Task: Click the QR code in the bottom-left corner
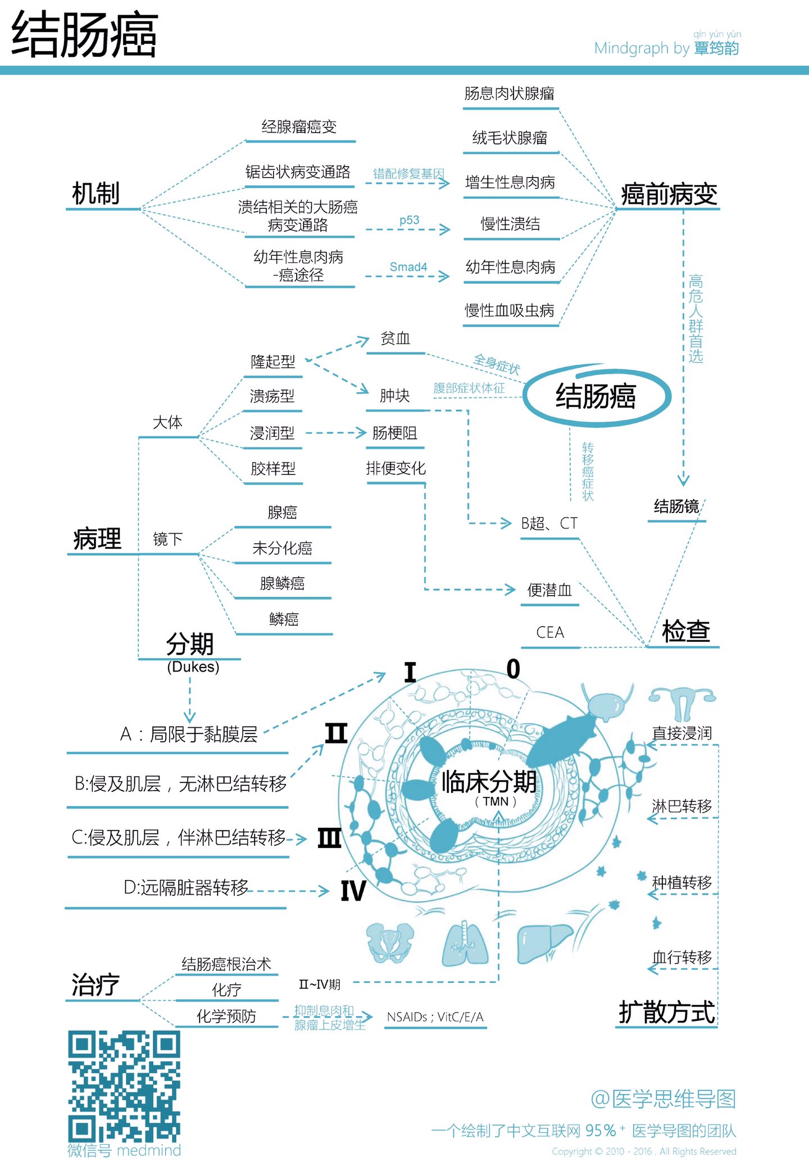(124, 1085)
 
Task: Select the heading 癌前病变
(669, 194)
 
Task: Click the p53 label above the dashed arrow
(409, 220)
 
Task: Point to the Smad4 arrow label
(408, 267)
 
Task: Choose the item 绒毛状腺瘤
(510, 138)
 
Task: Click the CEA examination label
(550, 633)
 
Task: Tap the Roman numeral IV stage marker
(353, 891)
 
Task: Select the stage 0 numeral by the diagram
(513, 669)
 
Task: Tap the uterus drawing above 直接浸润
(682, 702)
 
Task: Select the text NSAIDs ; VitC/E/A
(435, 1017)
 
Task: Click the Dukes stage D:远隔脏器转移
(186, 888)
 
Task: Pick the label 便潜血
(549, 590)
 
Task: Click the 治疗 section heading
(96, 985)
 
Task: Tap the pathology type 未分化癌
(282, 548)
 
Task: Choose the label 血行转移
(681, 957)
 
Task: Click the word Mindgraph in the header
(631, 48)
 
